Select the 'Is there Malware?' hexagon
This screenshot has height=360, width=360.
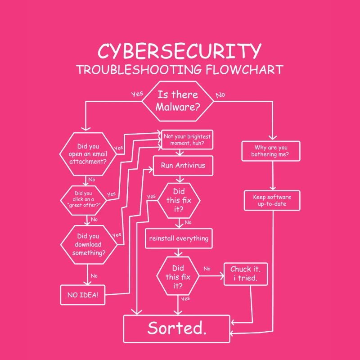click(x=178, y=101)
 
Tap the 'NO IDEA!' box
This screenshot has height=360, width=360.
click(x=83, y=295)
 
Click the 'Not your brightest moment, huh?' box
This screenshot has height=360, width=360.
click(x=187, y=140)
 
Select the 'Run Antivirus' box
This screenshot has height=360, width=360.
click(x=183, y=165)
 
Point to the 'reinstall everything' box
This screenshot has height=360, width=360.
click(x=178, y=238)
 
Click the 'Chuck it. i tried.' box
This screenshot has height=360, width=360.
click(x=246, y=274)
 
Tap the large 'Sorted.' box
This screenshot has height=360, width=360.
click(x=177, y=328)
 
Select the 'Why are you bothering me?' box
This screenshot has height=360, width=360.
click(x=271, y=151)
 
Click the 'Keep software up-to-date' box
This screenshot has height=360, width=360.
click(x=271, y=201)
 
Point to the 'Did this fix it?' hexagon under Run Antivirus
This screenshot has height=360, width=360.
click(x=179, y=200)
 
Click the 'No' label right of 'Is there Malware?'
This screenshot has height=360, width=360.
click(x=220, y=95)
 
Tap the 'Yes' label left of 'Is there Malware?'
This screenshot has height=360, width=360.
click(x=137, y=94)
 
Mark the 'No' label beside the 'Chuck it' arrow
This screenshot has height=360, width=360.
click(x=207, y=269)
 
